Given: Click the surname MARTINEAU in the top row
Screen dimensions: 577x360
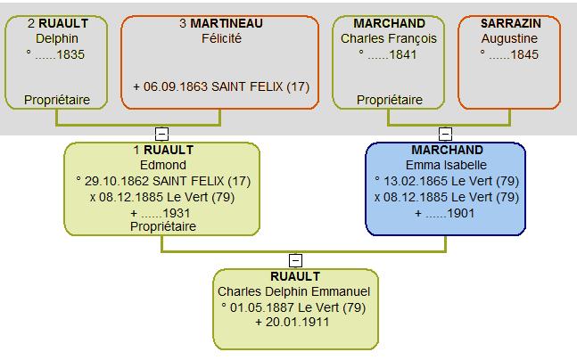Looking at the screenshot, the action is [227, 23].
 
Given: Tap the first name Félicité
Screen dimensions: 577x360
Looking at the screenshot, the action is [221, 38].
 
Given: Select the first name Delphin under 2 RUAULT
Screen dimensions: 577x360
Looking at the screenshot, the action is [57, 38].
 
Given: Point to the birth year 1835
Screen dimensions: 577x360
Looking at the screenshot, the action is [70, 54].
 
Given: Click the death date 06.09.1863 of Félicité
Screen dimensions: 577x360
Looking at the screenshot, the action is [176, 86].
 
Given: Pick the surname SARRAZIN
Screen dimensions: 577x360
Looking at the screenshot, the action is [511, 23].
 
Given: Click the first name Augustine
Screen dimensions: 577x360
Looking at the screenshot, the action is [509, 38].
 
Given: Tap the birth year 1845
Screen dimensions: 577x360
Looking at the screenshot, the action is [524, 54].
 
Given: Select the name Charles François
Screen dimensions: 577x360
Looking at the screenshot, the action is [389, 38].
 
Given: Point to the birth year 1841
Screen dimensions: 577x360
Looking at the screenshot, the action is [402, 54].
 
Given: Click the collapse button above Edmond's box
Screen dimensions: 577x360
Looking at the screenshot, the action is [161, 134].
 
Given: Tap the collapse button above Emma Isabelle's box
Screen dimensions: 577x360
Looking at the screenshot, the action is [445, 134].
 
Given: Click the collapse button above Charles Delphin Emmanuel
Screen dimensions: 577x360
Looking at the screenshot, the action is [295, 260].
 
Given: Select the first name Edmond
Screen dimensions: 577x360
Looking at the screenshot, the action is [163, 165].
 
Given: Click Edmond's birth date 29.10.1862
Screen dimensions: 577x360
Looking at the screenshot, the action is [117, 181].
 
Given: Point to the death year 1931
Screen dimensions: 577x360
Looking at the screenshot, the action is [177, 213].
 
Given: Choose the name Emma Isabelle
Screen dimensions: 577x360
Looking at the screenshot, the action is [446, 165].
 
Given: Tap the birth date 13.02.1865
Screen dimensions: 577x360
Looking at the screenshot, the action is [416, 181].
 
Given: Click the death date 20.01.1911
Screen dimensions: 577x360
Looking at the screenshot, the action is [297, 322].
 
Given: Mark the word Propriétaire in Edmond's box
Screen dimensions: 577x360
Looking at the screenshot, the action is [163, 226].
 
